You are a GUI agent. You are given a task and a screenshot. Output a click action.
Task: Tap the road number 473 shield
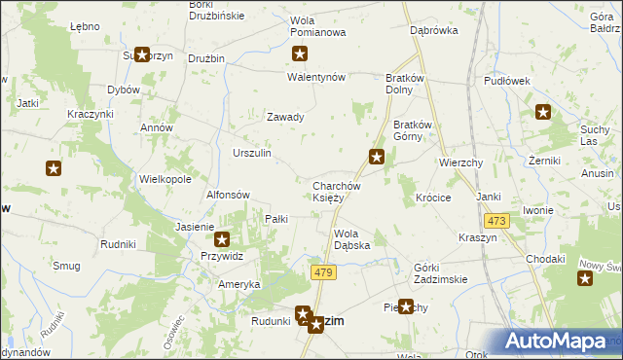click(496, 221)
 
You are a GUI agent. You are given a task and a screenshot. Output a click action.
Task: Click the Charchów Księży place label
click(337, 192)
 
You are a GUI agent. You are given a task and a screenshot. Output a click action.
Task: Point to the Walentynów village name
click(315, 77)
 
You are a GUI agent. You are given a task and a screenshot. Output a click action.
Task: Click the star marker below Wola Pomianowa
click(301, 54)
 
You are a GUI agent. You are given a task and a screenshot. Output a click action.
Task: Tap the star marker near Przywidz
click(222, 238)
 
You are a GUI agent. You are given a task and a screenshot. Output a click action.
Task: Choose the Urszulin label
click(252, 154)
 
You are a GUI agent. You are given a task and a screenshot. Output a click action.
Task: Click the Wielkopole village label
click(165, 180)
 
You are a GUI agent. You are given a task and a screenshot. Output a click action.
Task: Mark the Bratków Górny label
click(418, 130)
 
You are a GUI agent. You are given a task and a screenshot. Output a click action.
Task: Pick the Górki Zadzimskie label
click(440, 273)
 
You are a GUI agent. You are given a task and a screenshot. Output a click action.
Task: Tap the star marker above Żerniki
click(542, 113)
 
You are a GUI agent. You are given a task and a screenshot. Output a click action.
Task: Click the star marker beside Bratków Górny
click(376, 156)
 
